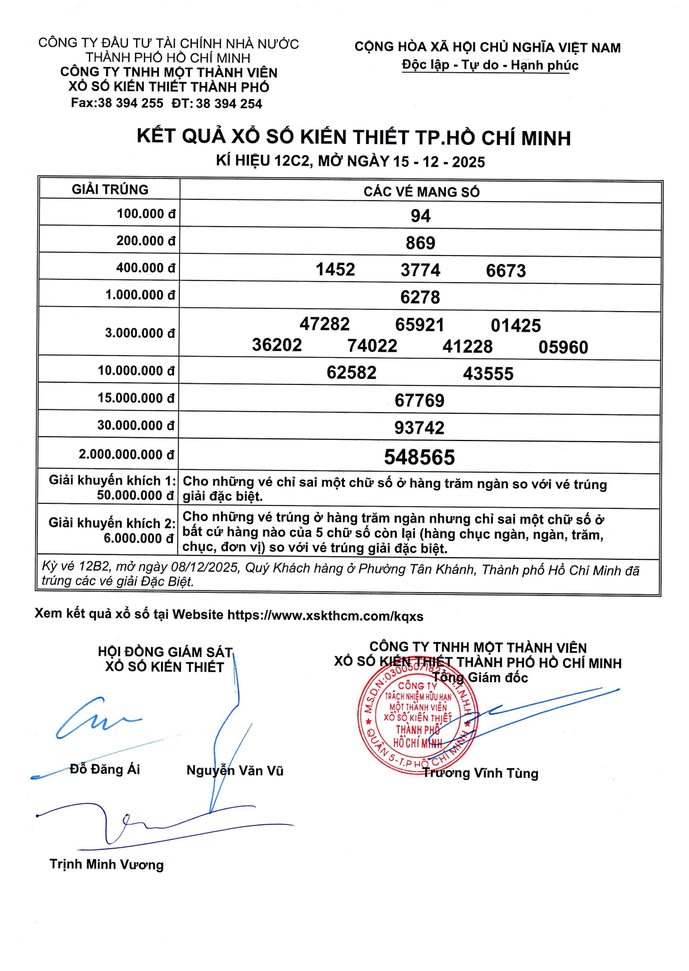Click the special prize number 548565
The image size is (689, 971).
coord(420,457)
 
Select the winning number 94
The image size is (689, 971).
coord(421,216)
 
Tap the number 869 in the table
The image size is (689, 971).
coord(421,243)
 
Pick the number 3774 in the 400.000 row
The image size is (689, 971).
coord(421,270)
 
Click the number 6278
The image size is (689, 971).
coord(420,297)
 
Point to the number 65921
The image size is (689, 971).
coord(420,324)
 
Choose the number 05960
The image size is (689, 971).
coord(563,347)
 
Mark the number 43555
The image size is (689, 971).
coord(488,373)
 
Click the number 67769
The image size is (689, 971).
coord(420,400)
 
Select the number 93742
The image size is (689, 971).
coord(420,428)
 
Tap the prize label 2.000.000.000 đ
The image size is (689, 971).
coord(127,454)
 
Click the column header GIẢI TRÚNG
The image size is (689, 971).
coord(110,189)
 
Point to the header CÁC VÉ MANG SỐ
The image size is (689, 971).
coord(421,192)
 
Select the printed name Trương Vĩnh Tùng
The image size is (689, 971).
coord(481,773)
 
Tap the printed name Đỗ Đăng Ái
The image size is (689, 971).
coord(105,769)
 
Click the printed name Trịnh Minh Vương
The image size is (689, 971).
coord(107,864)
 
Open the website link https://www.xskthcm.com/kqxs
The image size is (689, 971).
coord(325,615)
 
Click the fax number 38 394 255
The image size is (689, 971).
coord(131,103)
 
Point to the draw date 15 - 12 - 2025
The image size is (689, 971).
coord(439,162)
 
